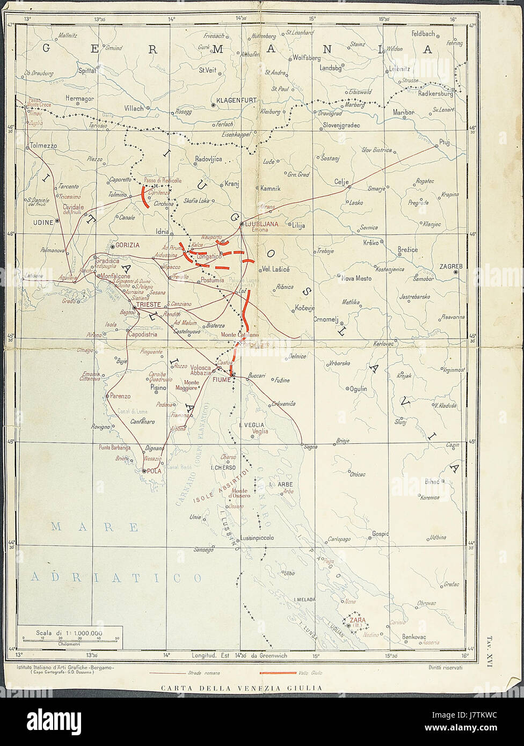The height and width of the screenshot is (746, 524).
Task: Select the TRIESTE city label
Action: (149, 304)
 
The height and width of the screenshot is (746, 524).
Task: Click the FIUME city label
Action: (221, 379)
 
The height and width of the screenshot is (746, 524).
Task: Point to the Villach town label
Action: (134, 108)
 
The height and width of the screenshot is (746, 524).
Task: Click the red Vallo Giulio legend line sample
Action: (277, 672)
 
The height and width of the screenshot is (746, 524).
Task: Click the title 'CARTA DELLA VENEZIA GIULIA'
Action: (242, 688)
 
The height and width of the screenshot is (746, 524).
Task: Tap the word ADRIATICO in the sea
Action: (117, 577)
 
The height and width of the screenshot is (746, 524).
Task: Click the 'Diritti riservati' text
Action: (445, 668)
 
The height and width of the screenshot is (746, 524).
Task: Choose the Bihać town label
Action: (432, 481)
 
